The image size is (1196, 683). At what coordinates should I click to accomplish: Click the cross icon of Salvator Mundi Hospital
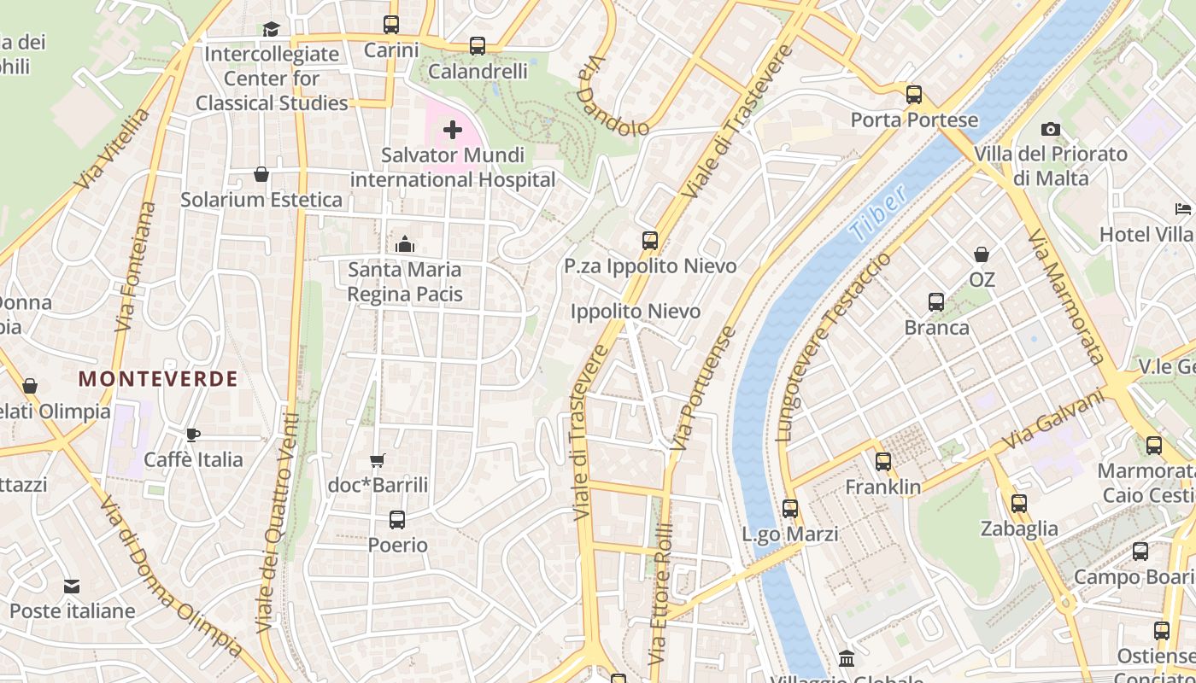[453, 130]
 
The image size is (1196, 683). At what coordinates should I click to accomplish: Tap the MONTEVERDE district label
[158, 379]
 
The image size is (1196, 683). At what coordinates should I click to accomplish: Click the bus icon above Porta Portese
[914, 94]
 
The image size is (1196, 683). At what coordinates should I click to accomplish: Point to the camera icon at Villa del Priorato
[1051, 130]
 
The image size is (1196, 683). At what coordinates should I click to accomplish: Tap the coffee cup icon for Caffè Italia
[193, 435]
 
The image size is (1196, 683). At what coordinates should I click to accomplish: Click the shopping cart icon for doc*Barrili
[378, 460]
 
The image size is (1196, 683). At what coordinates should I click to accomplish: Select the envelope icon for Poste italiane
[72, 587]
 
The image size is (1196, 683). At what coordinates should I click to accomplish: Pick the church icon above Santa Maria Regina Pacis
[405, 245]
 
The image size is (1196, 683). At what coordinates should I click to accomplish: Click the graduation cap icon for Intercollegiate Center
[272, 29]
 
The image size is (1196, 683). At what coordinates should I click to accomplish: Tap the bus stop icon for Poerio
[397, 519]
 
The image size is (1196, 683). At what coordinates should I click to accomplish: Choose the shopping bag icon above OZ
[982, 254]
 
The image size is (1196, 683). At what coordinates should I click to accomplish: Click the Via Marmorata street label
[1065, 295]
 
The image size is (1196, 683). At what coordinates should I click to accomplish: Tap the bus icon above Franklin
[883, 462]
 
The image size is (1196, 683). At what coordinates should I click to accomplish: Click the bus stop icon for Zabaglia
[1018, 504]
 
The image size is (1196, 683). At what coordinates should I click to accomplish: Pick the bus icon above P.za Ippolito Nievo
[650, 241]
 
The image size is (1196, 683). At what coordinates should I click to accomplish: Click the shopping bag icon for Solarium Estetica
[261, 174]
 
